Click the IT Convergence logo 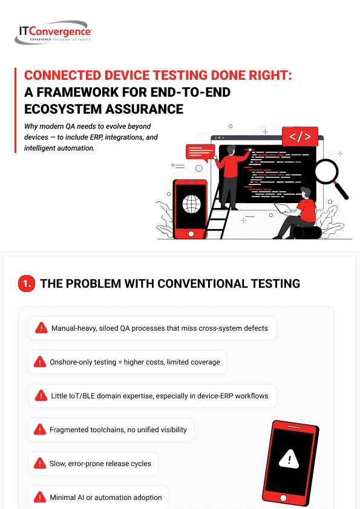[x=53, y=33]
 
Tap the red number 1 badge [x=27, y=284]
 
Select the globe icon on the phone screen [x=191, y=204]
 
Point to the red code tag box [x=300, y=137]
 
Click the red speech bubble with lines [x=200, y=153]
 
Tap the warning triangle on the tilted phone [x=289, y=459]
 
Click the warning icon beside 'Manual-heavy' [x=41, y=328]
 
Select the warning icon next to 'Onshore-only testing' [x=40, y=361]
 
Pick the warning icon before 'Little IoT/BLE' [x=41, y=395]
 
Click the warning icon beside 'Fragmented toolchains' [x=40, y=429]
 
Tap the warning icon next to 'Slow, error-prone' [x=40, y=463]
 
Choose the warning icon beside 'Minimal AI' [x=40, y=497]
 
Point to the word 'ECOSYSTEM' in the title [x=63, y=109]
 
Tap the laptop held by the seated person [x=283, y=209]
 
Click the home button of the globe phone [x=191, y=234]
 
